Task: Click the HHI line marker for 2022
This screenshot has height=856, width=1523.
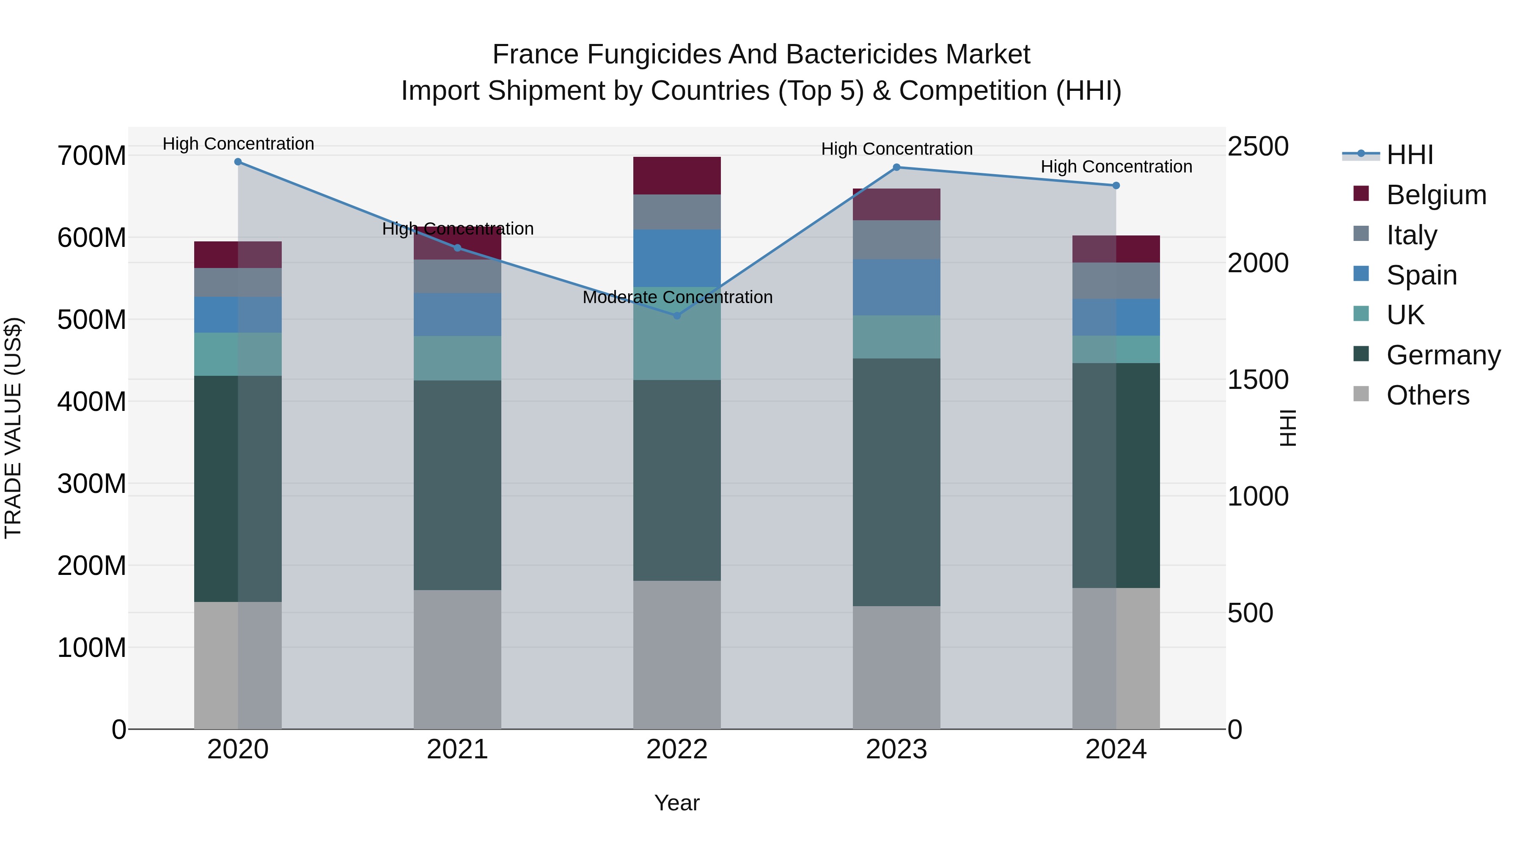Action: [677, 315]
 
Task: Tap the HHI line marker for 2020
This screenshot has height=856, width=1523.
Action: [238, 161]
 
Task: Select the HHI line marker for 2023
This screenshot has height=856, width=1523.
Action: [896, 167]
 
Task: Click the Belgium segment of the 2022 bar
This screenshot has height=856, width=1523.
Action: [677, 175]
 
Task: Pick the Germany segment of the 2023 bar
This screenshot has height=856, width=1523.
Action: [896, 481]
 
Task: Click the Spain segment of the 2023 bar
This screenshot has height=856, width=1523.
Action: [896, 287]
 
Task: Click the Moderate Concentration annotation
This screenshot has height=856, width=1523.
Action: [677, 297]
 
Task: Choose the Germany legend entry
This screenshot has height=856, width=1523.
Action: [1443, 355]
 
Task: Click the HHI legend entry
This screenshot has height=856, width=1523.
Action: [1410, 155]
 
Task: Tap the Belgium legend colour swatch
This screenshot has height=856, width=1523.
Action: [1361, 194]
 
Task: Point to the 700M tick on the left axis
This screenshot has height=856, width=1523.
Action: [92, 156]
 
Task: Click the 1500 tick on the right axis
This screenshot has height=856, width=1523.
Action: [1258, 379]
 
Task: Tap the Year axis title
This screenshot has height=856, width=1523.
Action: [677, 803]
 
